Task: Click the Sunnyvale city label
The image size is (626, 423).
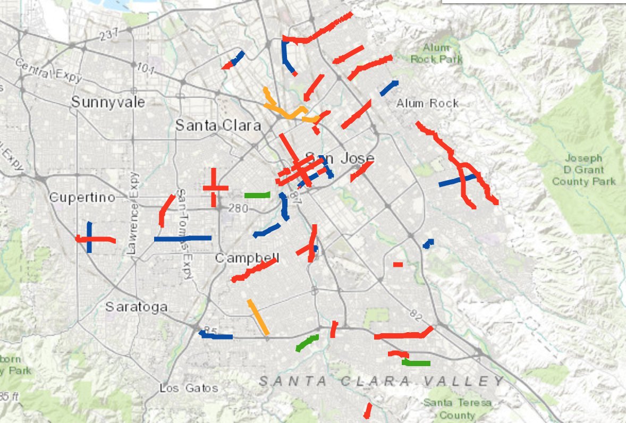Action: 108,102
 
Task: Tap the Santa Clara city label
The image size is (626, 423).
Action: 218,126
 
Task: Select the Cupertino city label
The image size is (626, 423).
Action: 82,198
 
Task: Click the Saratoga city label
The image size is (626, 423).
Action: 136,307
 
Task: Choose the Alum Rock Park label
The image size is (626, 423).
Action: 436,54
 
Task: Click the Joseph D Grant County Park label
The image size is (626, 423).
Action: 583,170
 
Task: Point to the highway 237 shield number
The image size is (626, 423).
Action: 106,36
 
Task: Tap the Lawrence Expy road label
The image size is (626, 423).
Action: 132,213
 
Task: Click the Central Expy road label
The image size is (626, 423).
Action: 49,71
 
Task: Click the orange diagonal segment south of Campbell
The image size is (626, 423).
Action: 258,317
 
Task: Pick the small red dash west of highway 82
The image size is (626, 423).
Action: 398,264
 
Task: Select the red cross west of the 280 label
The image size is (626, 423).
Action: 214,188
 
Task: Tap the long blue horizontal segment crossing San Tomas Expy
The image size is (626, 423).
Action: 182,239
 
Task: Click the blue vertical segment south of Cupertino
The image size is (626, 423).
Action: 89,237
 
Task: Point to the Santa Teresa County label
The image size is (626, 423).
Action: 457,409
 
